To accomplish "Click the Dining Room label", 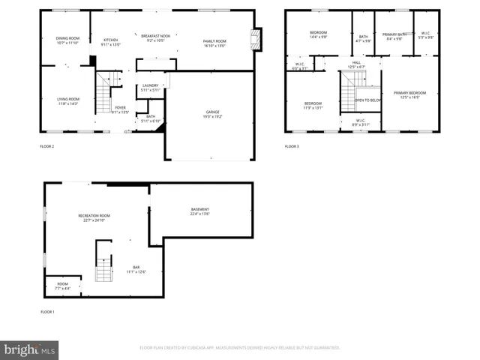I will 67,40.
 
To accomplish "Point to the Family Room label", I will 214,42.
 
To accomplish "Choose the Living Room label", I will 68,100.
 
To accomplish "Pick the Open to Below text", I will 367,100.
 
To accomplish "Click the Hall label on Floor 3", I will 356,64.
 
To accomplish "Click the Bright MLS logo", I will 30,349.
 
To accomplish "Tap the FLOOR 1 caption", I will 47,311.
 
